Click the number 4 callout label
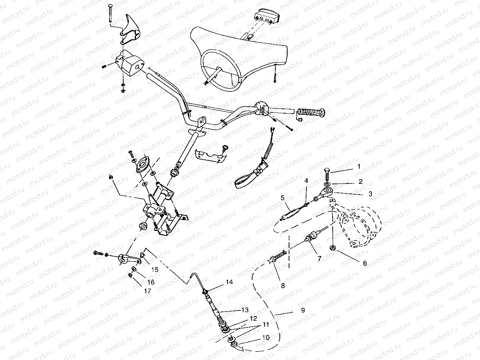click(x=306, y=181)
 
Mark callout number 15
click(x=154, y=270)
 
